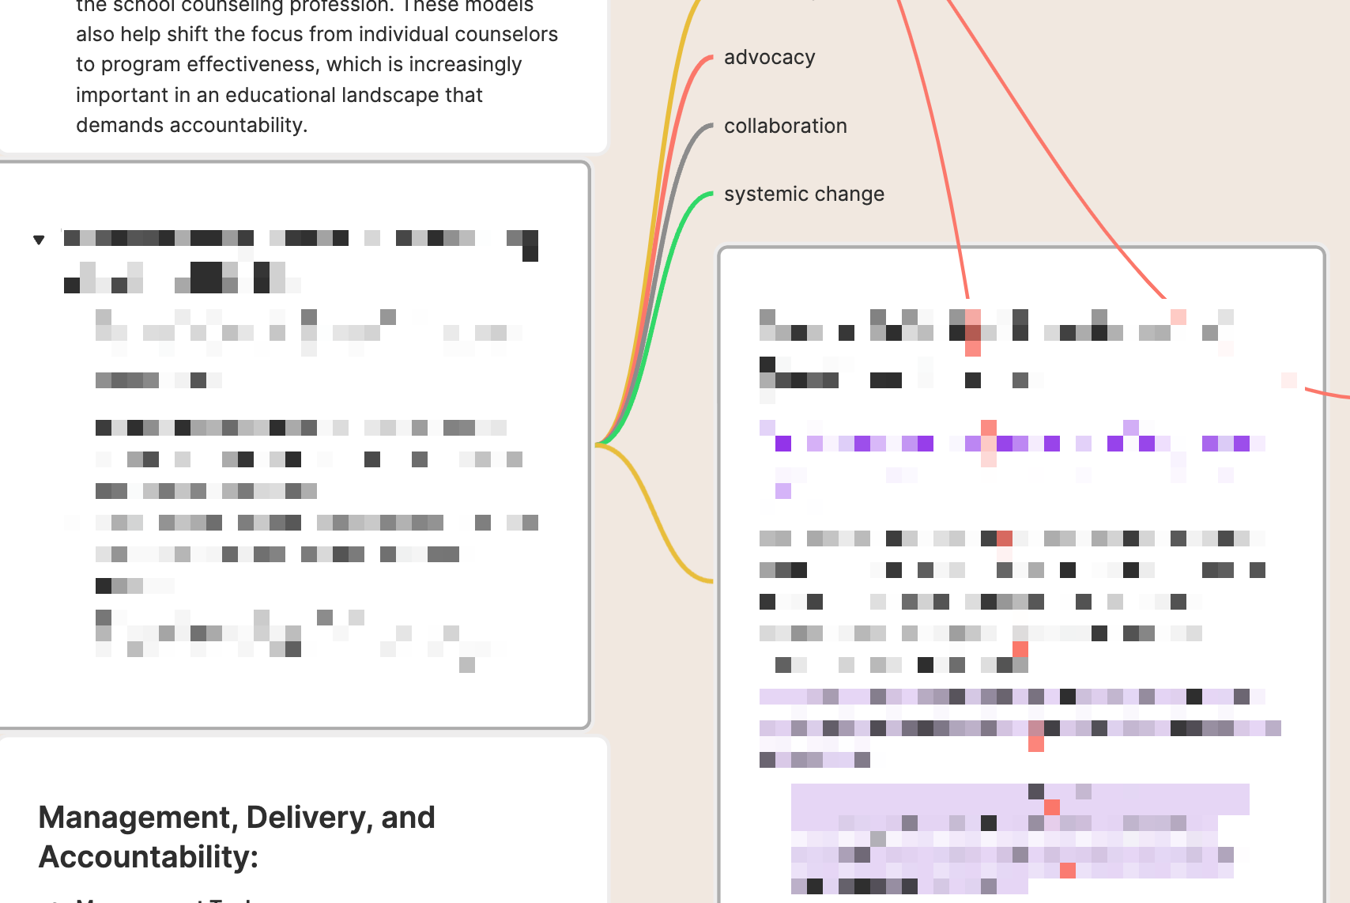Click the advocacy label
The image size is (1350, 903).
click(769, 58)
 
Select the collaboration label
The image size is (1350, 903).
click(785, 127)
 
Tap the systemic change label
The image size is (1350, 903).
click(804, 195)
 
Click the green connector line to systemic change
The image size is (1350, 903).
click(673, 237)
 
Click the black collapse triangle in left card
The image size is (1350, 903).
click(39, 240)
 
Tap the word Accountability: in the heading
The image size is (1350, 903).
click(149, 857)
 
